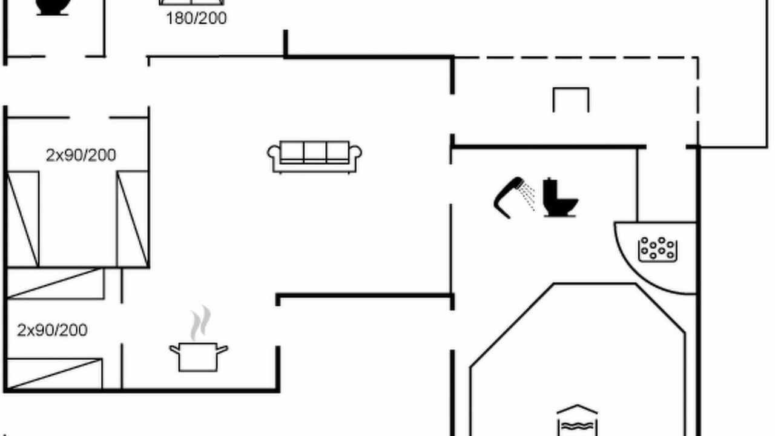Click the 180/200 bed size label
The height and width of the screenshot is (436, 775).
(x=197, y=18)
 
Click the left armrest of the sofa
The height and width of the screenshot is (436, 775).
(x=274, y=152)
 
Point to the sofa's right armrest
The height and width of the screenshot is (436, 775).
(x=355, y=152)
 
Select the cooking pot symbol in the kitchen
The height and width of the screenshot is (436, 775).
(x=199, y=357)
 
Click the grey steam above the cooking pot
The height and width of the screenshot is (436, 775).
(x=200, y=323)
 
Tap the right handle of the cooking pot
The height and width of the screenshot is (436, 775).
(x=222, y=349)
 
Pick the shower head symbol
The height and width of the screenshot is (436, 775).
(x=509, y=197)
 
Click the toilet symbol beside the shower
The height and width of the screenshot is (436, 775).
(x=559, y=197)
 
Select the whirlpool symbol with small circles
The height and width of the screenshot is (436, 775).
(x=658, y=249)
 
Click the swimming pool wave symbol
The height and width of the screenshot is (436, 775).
(x=577, y=426)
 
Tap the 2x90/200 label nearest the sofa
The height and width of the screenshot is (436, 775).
(x=81, y=156)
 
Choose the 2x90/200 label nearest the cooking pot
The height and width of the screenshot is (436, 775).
(x=52, y=330)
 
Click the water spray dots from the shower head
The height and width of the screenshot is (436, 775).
(x=527, y=196)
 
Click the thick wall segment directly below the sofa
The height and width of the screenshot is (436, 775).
(x=364, y=295)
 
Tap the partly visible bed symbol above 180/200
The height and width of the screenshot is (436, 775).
(x=191, y=2)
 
